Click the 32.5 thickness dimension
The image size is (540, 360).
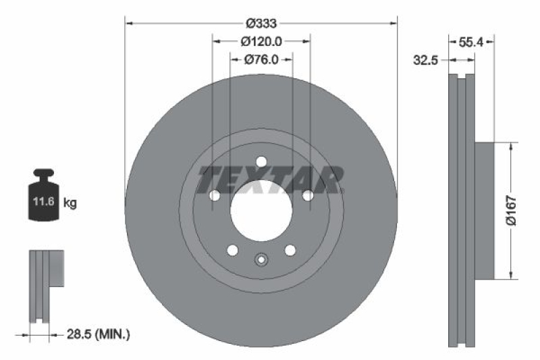(x=427, y=60)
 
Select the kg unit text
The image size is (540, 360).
(x=70, y=202)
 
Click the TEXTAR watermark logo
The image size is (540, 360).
(x=270, y=180)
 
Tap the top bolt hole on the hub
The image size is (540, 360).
(x=261, y=161)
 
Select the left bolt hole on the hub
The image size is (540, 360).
(x=215, y=196)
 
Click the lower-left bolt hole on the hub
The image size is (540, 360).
(x=232, y=250)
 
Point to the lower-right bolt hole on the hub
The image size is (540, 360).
(x=290, y=250)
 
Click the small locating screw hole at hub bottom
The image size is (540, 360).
(x=261, y=259)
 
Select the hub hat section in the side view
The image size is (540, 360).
(x=484, y=210)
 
